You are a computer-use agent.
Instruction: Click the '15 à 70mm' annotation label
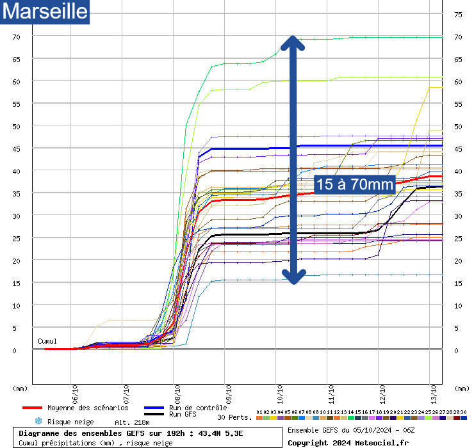click(x=354, y=184)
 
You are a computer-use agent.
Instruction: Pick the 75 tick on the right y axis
click(x=459, y=15)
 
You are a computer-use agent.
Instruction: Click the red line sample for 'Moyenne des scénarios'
click(x=33, y=408)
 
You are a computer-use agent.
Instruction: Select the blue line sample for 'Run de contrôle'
click(x=154, y=408)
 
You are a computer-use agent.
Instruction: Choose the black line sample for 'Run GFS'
click(x=154, y=415)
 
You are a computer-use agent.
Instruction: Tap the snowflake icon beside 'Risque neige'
click(x=38, y=422)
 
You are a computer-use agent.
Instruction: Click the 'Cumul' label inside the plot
click(x=47, y=341)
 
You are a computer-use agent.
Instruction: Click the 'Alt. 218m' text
click(x=132, y=422)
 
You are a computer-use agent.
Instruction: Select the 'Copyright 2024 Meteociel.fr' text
click(x=348, y=442)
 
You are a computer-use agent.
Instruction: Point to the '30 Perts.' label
click(x=234, y=417)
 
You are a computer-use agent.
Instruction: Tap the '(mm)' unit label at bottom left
click(x=20, y=388)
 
